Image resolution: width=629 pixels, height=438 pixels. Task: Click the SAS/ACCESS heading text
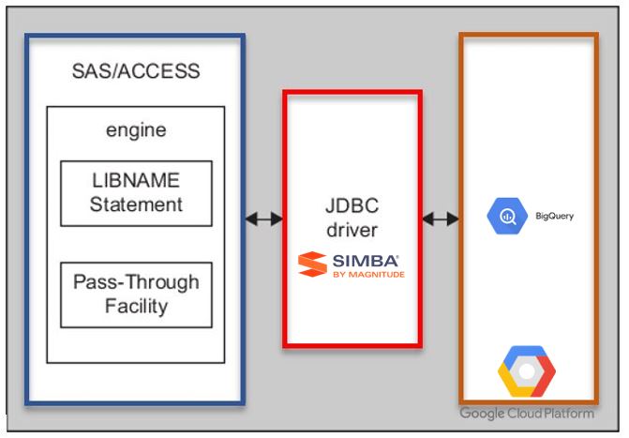click(136, 71)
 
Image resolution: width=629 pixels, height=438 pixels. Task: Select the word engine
click(136, 129)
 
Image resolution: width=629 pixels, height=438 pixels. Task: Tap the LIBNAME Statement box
click(136, 193)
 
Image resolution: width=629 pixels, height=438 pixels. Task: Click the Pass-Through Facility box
click(136, 294)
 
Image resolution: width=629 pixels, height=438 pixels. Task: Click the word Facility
click(136, 306)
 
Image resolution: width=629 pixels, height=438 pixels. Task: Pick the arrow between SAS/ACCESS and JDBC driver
click(263, 219)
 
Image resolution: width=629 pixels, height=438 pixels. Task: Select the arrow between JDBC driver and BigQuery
click(441, 219)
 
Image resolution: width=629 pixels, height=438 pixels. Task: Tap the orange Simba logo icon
click(311, 264)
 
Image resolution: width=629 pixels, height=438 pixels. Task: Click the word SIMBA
click(365, 259)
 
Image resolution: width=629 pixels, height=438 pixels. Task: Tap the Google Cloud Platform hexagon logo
click(526, 372)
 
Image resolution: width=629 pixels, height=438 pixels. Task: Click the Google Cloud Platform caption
click(526, 414)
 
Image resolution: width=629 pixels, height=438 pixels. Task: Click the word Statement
click(136, 204)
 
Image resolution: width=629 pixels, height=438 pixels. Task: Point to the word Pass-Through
click(136, 281)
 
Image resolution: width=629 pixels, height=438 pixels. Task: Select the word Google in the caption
click(482, 414)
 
